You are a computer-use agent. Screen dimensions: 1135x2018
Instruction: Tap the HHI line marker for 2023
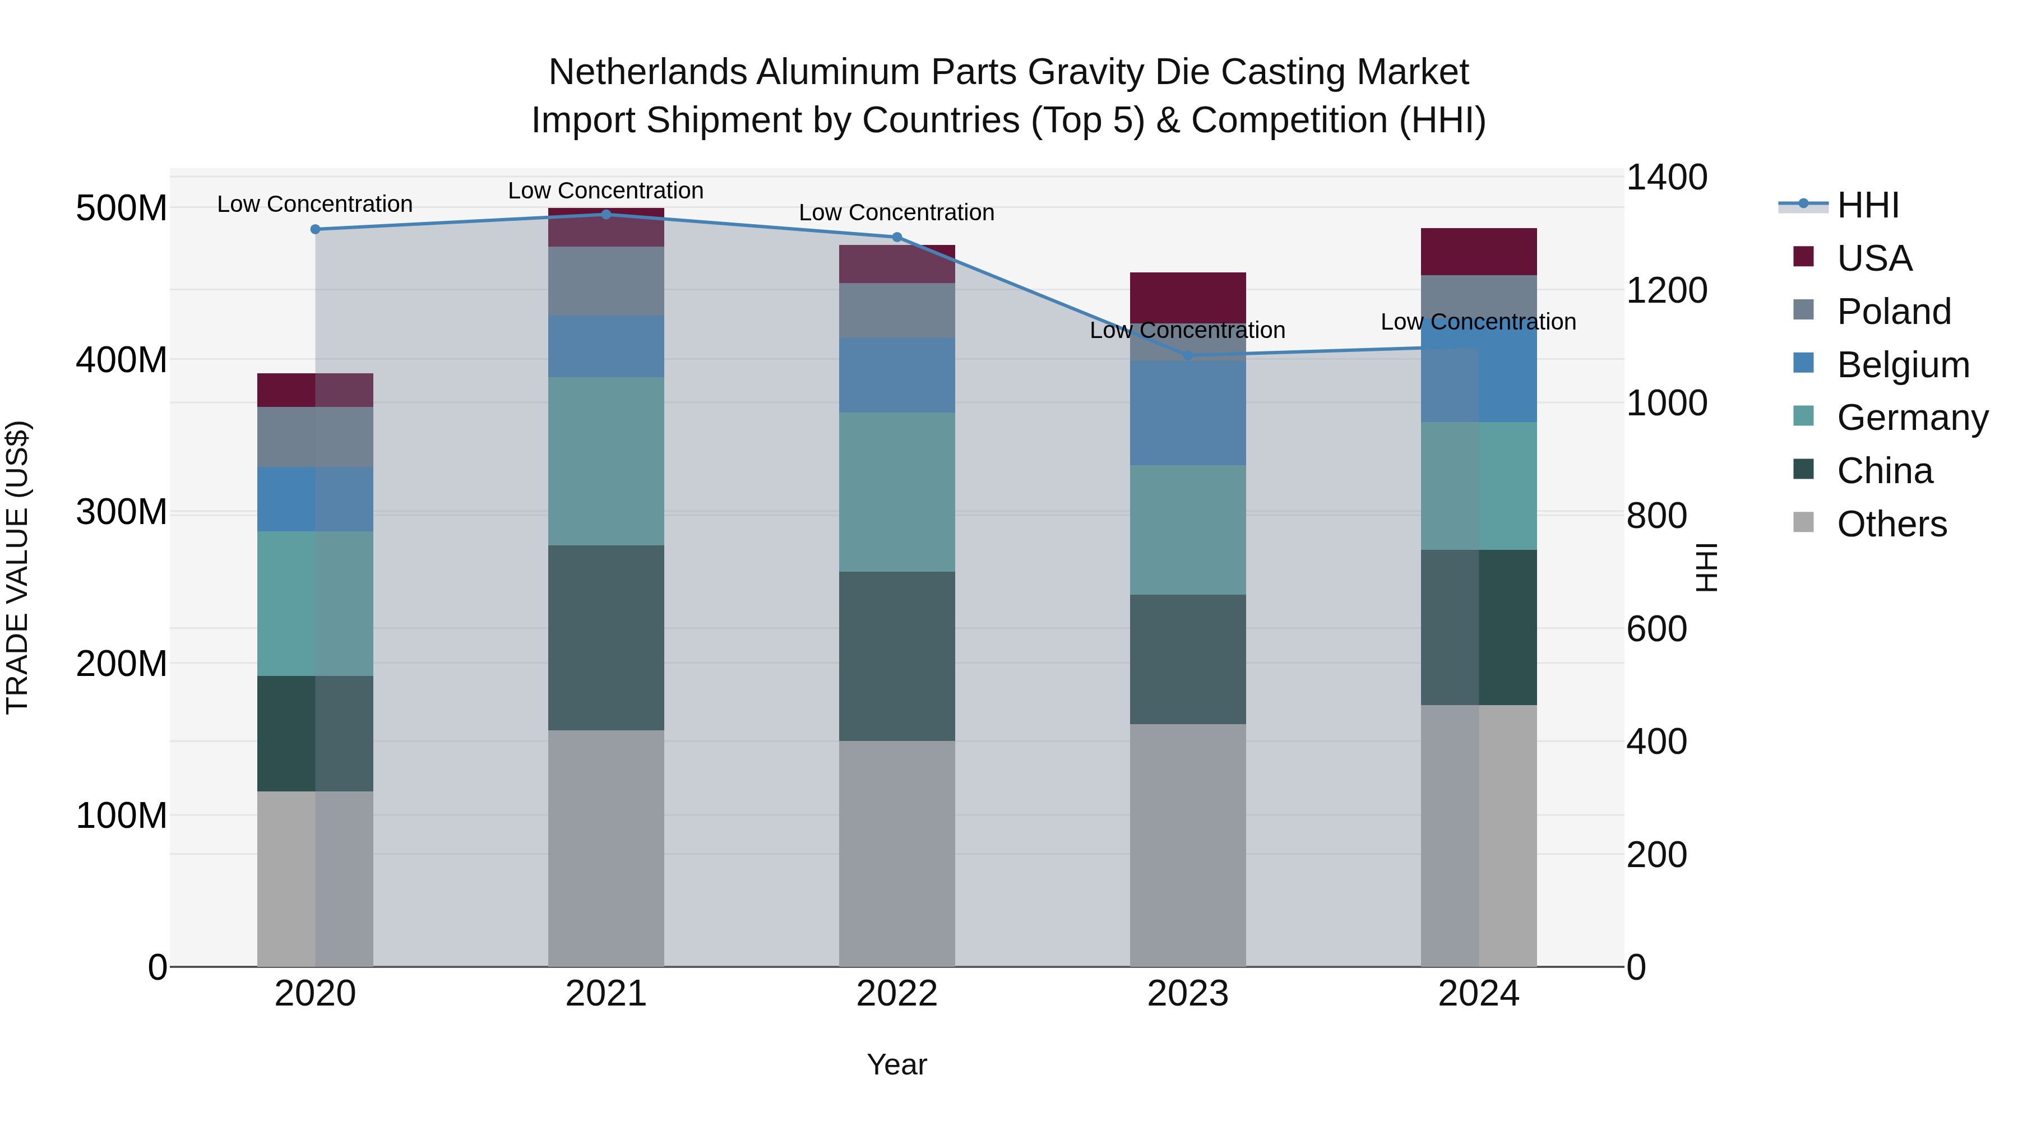coord(1188,355)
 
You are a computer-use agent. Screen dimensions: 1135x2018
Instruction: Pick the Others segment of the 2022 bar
coord(896,853)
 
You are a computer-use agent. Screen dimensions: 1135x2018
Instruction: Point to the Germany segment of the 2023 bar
coord(1188,530)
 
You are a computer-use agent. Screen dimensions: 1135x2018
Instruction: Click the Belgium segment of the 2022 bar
coord(896,375)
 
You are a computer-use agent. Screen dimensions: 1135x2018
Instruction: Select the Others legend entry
coord(1891,524)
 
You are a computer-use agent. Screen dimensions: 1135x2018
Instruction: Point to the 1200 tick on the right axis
coord(1667,290)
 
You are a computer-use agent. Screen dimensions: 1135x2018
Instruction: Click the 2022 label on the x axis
coord(896,994)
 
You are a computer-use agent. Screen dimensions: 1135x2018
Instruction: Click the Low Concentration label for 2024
coord(1478,322)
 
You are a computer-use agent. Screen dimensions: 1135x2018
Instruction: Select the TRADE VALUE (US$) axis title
coord(17,567)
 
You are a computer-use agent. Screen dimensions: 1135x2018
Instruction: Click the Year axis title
coord(896,1064)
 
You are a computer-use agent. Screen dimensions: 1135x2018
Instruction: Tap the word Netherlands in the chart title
coord(647,72)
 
